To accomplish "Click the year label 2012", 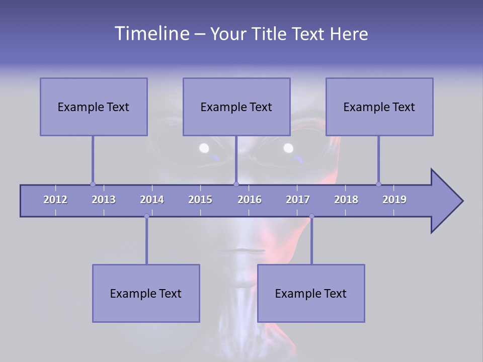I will (55, 200).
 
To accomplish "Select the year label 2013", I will (104, 200).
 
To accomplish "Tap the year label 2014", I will (152, 200).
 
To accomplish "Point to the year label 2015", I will (200, 200).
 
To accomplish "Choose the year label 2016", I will (250, 200).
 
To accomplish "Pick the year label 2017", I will (298, 200).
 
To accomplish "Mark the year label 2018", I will (346, 200).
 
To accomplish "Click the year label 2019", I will (394, 200).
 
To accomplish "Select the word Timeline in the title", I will (151, 34).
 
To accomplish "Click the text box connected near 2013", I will (94, 107).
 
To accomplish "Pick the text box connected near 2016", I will (236, 107).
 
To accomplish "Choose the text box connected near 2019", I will (379, 107).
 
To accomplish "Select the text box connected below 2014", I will (146, 293).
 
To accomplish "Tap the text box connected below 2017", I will (311, 293).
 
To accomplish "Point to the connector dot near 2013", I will (93, 184).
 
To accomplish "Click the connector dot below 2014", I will (146, 216).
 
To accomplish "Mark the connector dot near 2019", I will (378, 184).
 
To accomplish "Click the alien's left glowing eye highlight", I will (204, 148).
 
